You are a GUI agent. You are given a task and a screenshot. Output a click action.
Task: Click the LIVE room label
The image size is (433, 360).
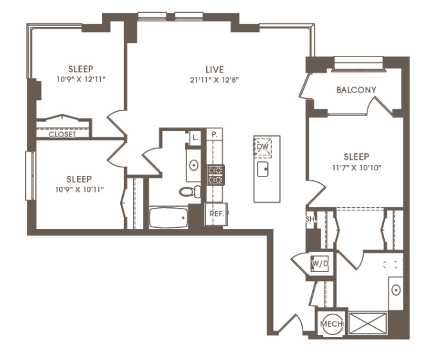pyautogui.click(x=215, y=69)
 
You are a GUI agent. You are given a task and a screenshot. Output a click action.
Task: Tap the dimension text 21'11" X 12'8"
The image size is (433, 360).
pyautogui.click(x=215, y=80)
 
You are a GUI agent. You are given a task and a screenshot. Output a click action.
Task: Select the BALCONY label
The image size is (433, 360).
pyautogui.click(x=357, y=90)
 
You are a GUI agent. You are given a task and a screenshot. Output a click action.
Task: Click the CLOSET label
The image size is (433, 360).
pyautogui.click(x=62, y=134)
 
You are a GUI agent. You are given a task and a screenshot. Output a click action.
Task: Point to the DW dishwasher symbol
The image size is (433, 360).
pyautogui.click(x=263, y=147)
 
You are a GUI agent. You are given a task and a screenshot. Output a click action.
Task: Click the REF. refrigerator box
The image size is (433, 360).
pyautogui.click(x=216, y=214)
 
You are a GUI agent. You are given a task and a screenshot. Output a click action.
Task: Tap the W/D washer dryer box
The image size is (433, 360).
pyautogui.click(x=320, y=264)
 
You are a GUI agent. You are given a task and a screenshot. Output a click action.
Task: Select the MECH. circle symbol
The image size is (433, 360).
pyautogui.click(x=331, y=323)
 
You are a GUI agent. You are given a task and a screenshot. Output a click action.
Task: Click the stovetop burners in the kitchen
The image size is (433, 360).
pyautogui.click(x=216, y=175)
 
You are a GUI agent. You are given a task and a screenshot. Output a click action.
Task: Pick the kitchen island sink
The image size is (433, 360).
pyautogui.click(x=263, y=169)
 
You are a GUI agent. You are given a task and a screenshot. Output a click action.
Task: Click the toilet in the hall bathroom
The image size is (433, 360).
pyautogui.click(x=190, y=191)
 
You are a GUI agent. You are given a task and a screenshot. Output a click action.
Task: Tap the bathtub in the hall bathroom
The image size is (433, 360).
pyautogui.click(x=168, y=218)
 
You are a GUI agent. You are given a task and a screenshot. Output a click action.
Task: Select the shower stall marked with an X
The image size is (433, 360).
pyautogui.click(x=368, y=323)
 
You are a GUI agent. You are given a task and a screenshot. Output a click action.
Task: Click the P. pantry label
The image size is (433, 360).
pyautogui.click(x=215, y=135)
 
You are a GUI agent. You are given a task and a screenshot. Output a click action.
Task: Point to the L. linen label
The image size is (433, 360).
pyautogui.click(x=195, y=137)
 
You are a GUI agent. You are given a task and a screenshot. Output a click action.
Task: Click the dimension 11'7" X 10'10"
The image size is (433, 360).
pyautogui.click(x=357, y=167)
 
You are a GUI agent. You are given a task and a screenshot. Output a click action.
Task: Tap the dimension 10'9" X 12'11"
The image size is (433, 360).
pyautogui.click(x=81, y=80)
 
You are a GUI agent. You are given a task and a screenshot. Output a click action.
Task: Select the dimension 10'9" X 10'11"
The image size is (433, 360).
pyautogui.click(x=80, y=189)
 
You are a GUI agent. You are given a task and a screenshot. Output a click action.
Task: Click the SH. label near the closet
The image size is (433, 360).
pyautogui.click(x=310, y=219)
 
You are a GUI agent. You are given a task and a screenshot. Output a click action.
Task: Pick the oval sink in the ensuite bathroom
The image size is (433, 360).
pyautogui.click(x=396, y=290)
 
